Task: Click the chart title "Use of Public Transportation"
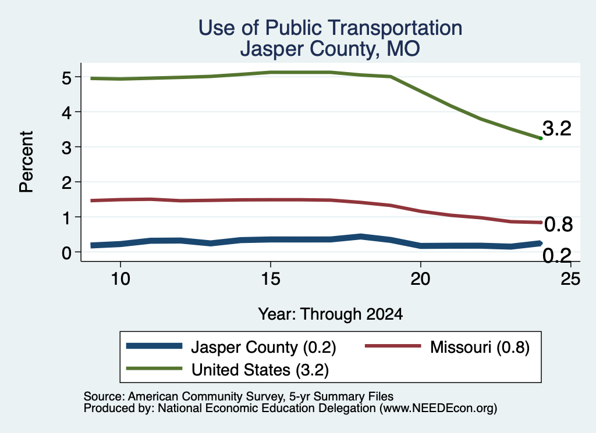pos(331,28)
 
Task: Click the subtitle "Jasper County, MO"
pos(331,49)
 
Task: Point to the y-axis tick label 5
pos(66,78)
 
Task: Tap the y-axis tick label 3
pos(66,148)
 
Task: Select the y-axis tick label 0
pos(66,253)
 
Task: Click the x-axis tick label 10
pos(120,279)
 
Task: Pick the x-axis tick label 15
pos(271,279)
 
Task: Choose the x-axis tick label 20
pos(420,279)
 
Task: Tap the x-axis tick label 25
pos(570,279)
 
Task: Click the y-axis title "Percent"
pos(27,162)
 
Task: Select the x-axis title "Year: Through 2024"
pos(331,314)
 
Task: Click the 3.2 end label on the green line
pos(557,128)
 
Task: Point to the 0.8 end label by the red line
pos(558,224)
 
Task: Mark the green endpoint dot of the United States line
pos(541,138)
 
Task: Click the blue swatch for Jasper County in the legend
pos(154,346)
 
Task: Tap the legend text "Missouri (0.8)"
pos(480,347)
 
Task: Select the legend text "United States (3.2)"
pos(260,370)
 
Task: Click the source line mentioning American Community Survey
pos(238,396)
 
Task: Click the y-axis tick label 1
pos(66,218)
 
